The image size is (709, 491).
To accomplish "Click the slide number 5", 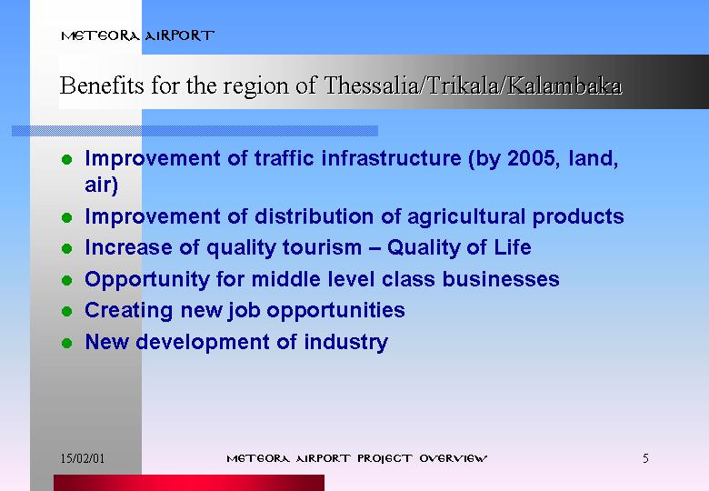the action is [x=645, y=458].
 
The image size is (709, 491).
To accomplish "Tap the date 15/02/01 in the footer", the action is [x=83, y=458].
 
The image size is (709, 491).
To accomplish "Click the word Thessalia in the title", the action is [x=372, y=85].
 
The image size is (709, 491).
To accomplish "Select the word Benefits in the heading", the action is [x=102, y=85].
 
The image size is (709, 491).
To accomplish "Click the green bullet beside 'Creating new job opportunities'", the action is [x=67, y=312].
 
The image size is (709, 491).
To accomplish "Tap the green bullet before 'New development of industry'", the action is [x=67, y=343].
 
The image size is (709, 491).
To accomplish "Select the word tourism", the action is [x=322, y=247].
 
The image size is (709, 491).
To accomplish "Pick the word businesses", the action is [x=501, y=279].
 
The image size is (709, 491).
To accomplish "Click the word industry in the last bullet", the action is [x=346, y=343].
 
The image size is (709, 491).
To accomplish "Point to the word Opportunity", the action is [x=147, y=280].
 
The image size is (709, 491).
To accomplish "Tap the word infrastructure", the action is [x=391, y=158].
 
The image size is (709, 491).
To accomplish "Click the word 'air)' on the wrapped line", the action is [x=101, y=185].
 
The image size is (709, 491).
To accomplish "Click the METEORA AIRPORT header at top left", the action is [x=137, y=35].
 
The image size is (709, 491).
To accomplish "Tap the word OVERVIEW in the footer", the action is [x=453, y=458].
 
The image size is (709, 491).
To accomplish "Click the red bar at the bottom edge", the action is [x=189, y=483].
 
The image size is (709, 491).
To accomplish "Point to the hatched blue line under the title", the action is [x=195, y=131].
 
